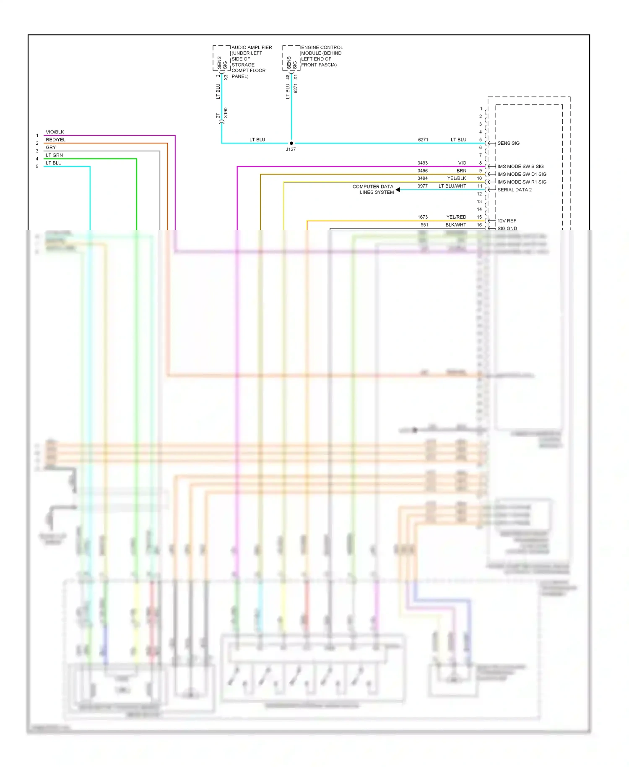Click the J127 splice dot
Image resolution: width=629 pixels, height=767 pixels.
click(x=291, y=143)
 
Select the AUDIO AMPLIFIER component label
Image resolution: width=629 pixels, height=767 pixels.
click(x=252, y=47)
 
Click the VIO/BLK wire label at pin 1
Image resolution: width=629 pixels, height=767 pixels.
click(x=55, y=132)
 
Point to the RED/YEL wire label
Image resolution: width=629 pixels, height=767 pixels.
click(x=56, y=140)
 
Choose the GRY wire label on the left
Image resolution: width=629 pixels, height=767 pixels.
click(x=51, y=147)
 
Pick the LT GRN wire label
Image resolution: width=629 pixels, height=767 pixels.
click(x=55, y=155)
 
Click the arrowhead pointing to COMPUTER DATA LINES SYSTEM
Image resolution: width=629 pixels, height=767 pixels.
click(x=398, y=190)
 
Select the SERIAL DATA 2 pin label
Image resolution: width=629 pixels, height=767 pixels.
click(x=515, y=190)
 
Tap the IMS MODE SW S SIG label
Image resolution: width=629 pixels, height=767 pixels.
click(x=520, y=167)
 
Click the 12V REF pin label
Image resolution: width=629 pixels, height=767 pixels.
click(x=507, y=221)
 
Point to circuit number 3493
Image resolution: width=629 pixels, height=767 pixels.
click(x=423, y=163)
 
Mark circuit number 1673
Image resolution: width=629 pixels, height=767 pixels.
click(x=423, y=217)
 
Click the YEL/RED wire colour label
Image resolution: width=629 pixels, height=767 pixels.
click(x=456, y=217)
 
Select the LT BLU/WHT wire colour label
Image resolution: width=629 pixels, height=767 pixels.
click(x=452, y=186)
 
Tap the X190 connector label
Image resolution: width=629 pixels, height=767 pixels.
click(x=226, y=113)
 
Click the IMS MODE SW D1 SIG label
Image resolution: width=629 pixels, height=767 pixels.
click(x=522, y=174)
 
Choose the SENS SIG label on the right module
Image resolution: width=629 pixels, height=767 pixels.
click(x=508, y=143)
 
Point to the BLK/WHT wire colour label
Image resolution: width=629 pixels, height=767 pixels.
click(x=456, y=225)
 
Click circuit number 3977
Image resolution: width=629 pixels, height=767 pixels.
click(x=423, y=186)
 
